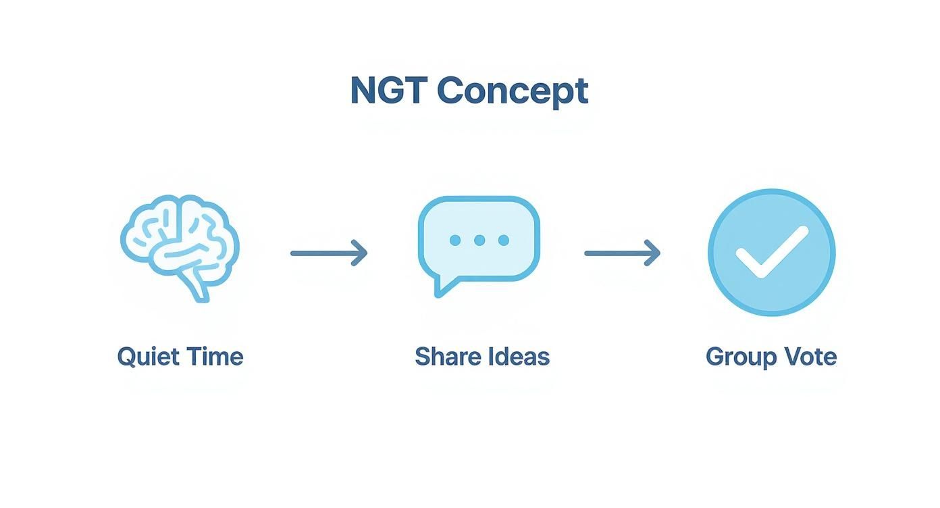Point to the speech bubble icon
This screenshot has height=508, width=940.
click(x=479, y=240)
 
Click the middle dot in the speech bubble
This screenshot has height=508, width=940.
click(x=479, y=240)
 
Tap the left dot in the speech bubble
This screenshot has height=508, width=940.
click(x=455, y=240)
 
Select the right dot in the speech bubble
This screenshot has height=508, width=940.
click(x=503, y=240)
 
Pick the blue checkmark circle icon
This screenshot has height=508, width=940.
click(x=771, y=252)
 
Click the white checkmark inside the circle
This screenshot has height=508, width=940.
click(x=771, y=252)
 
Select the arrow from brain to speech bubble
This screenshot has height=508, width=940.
click(x=329, y=253)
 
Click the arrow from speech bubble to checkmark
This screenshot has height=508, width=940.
click(x=622, y=253)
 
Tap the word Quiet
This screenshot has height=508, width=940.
click(x=147, y=357)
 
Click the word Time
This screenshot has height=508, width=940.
click(x=215, y=356)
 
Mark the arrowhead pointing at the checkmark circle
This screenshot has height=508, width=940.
click(x=652, y=253)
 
